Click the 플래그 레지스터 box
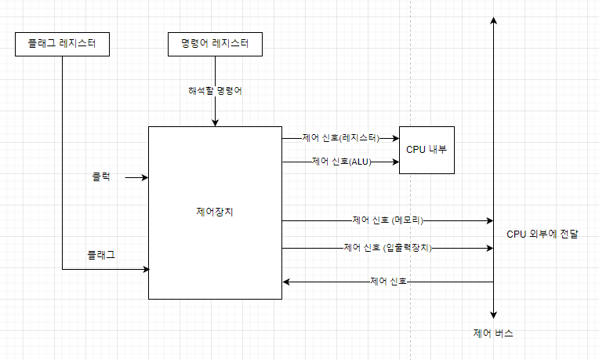pos(62,45)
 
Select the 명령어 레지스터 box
pos(214,45)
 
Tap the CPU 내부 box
pos(427,149)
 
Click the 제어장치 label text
pos(215,212)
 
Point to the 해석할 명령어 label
pos(214,90)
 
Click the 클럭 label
pos(101,176)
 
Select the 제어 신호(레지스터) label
pos(340,137)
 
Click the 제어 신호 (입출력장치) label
pos(387,248)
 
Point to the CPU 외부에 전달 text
pos(543,234)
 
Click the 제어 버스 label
pos(494,333)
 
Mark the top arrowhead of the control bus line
pos(494,20)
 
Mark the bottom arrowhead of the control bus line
pos(494,312)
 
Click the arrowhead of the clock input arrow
pos(145,178)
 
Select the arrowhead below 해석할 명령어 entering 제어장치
pos(215,122)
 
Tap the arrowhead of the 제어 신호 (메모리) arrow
pos(489,220)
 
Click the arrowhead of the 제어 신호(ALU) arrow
pos(395,162)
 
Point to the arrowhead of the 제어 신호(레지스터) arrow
pos(395,138)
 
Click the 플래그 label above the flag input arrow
pos(101,255)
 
